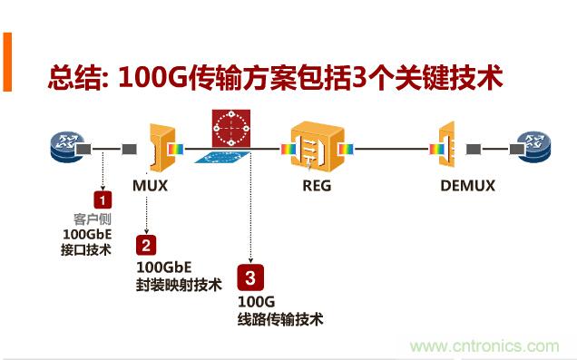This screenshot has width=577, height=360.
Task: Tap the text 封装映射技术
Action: tap(179, 285)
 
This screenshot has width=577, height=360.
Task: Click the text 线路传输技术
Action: tap(280, 319)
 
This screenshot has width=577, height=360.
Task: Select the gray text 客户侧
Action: tap(91, 219)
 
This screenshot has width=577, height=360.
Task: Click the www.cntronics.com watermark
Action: tap(484, 345)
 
